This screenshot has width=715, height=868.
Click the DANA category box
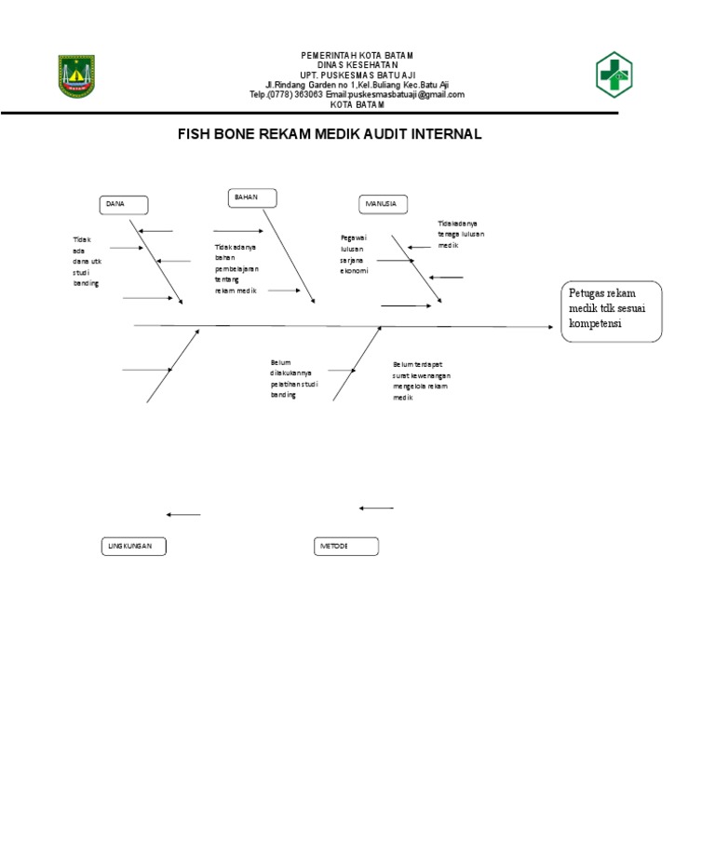(x=124, y=205)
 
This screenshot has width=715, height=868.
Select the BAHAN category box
(x=252, y=197)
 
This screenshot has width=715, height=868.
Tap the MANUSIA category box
(x=383, y=205)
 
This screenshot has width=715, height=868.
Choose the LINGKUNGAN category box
(x=133, y=547)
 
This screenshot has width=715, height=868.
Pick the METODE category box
(x=346, y=547)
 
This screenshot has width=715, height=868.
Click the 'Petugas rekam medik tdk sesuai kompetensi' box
(x=612, y=311)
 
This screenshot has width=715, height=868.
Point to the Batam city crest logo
(x=77, y=75)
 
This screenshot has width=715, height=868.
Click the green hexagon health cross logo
(x=614, y=75)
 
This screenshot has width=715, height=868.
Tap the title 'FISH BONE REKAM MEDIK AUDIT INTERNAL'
(x=330, y=134)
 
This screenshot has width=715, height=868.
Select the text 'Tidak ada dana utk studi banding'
(x=87, y=261)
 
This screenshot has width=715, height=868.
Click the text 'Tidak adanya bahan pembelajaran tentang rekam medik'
(x=236, y=269)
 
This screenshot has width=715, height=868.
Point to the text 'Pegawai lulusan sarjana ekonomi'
(x=355, y=254)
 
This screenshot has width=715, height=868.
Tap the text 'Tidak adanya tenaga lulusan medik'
(x=461, y=234)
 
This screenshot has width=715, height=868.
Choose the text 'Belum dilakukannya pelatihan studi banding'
(x=290, y=378)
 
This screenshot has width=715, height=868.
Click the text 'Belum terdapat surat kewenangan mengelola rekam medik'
(x=422, y=380)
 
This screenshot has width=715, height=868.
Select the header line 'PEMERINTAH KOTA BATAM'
(x=357, y=56)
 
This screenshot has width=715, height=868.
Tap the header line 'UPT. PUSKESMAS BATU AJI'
(x=357, y=75)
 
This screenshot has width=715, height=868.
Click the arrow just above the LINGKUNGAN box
(x=183, y=514)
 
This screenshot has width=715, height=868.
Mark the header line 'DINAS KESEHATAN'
(x=357, y=65)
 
